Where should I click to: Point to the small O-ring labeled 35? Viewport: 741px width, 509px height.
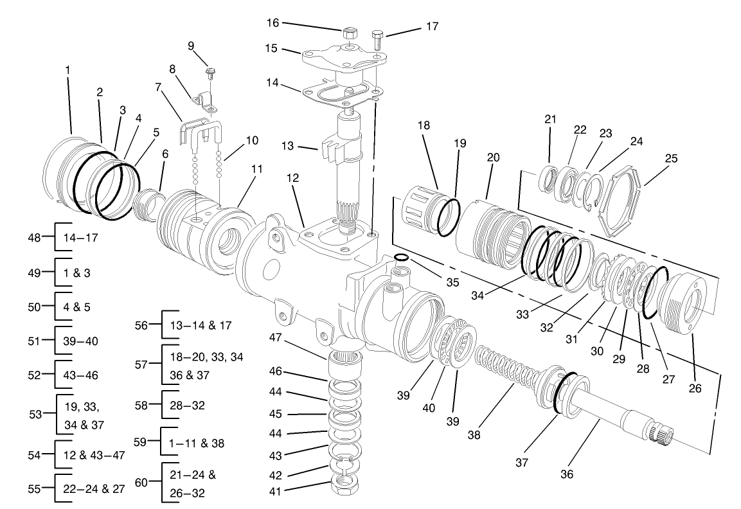tap(401, 258)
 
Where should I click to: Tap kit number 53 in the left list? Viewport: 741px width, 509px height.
tap(36, 415)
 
